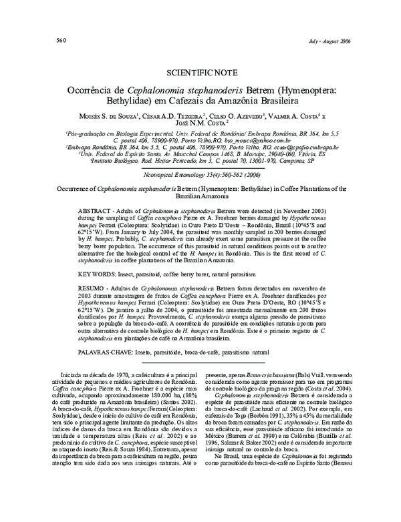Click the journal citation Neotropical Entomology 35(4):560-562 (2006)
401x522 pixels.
(x=200, y=175)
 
